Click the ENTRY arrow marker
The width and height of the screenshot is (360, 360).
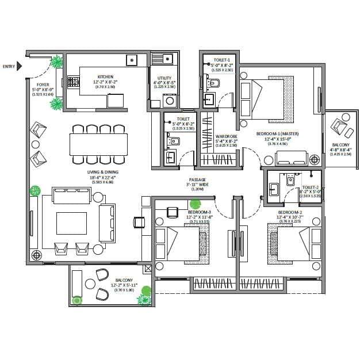pyautogui.click(x=19, y=66)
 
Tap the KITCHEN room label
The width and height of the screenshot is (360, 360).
pyautogui.click(x=105, y=76)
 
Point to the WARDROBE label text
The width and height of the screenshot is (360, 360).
pyautogui.click(x=226, y=136)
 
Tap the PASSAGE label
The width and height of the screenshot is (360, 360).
pyautogui.click(x=197, y=179)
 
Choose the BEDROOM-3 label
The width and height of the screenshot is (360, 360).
pyautogui.click(x=199, y=213)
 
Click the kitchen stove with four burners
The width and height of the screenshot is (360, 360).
pyautogui.click(x=73, y=82)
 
